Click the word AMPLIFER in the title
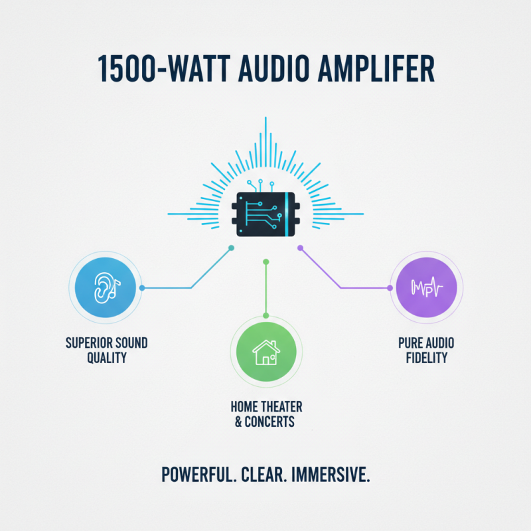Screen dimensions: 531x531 click(x=376, y=69)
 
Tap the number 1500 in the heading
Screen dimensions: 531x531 click(x=127, y=69)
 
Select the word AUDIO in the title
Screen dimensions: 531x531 click(x=273, y=69)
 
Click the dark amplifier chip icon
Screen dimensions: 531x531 click(x=265, y=214)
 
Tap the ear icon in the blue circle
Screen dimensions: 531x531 click(x=106, y=288)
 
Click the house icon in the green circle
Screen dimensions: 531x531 click(x=266, y=352)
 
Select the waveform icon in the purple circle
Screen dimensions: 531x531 click(x=427, y=287)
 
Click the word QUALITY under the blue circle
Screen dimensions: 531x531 click(x=107, y=358)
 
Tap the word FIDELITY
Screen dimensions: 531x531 click(x=427, y=358)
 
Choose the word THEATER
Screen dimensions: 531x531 click(x=281, y=407)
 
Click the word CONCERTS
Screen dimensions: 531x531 click(x=269, y=421)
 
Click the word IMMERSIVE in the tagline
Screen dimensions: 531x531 click(x=330, y=475)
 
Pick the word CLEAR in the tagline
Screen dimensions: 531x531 click(x=264, y=475)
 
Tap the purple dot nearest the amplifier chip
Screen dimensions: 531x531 click(x=301, y=248)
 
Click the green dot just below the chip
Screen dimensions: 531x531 click(x=266, y=262)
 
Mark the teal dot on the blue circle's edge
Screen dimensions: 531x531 click(x=142, y=288)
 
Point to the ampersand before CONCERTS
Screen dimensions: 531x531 click(x=238, y=421)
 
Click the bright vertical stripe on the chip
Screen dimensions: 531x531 click(x=287, y=214)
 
